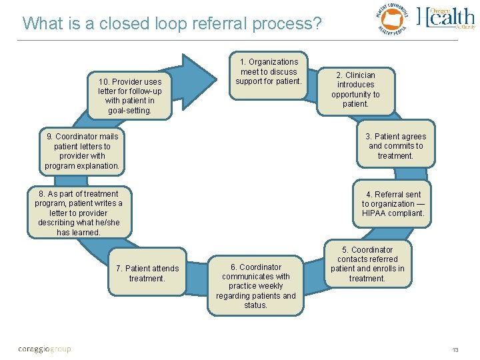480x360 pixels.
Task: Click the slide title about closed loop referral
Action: click(171, 24)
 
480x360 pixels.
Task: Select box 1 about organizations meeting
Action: click(269, 72)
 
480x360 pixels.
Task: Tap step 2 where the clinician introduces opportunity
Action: click(355, 89)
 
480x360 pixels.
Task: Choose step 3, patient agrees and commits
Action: click(395, 146)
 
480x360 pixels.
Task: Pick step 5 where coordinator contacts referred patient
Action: click(367, 264)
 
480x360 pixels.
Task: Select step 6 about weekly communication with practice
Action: click(256, 286)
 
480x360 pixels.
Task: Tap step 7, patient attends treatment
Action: click(147, 273)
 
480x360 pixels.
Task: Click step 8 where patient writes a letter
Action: click(79, 213)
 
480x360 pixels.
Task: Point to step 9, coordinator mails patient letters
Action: click(83, 151)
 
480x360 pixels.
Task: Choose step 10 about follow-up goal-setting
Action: click(129, 96)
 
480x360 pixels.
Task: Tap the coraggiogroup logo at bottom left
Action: click(44, 349)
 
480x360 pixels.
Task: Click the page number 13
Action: click(455, 350)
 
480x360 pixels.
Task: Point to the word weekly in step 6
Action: click(269, 286)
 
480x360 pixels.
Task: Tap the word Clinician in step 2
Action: click(360, 75)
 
